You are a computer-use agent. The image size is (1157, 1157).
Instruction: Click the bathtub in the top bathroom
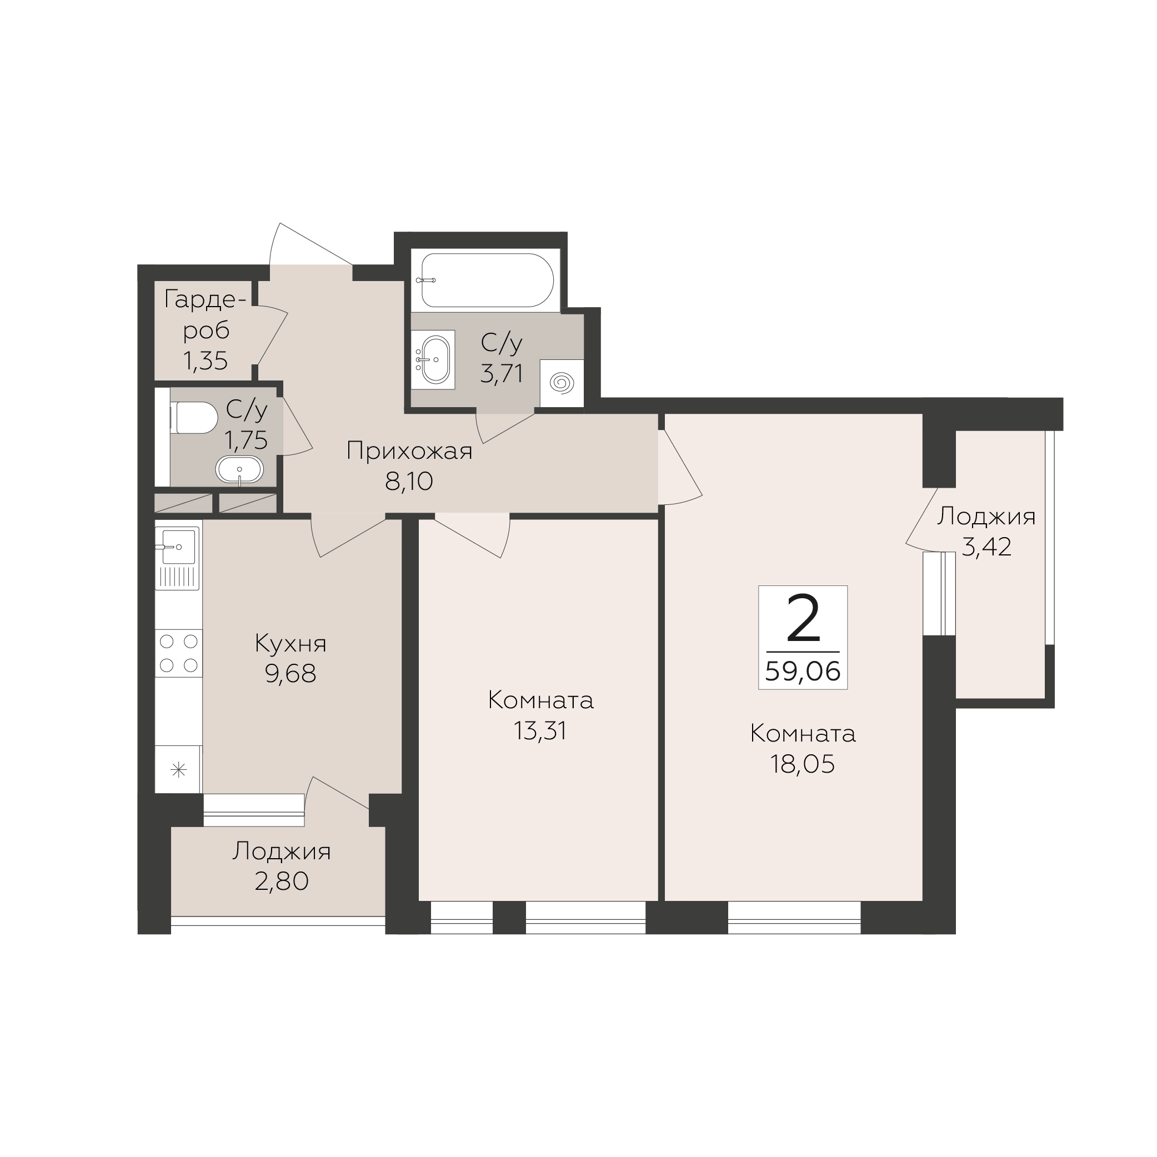pos(487,281)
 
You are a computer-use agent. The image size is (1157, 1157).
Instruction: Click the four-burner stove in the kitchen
pos(178,653)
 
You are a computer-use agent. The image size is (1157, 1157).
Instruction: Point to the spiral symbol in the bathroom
pos(562,383)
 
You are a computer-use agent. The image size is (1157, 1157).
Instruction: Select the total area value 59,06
pos(803,672)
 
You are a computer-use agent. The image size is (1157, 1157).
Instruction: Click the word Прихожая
pos(409,451)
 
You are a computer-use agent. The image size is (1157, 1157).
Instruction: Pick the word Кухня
pos(290,644)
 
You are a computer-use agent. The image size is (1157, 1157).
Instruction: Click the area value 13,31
pos(539,730)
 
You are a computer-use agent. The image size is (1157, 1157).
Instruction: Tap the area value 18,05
pos(803,764)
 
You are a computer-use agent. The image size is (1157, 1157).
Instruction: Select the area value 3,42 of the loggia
pos(986,546)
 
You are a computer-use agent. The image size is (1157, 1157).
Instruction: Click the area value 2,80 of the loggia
pos(282,881)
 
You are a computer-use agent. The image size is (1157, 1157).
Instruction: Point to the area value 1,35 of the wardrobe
pos(206,360)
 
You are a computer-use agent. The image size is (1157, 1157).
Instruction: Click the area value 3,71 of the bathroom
pos(502,373)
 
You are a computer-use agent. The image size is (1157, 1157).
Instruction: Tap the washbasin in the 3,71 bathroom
pos(435,359)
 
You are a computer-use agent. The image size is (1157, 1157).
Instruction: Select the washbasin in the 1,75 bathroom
pos(239,469)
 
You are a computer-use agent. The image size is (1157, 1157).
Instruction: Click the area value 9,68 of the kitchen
pos(290,674)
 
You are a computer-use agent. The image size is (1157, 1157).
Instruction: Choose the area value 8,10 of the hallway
pos(409,481)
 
